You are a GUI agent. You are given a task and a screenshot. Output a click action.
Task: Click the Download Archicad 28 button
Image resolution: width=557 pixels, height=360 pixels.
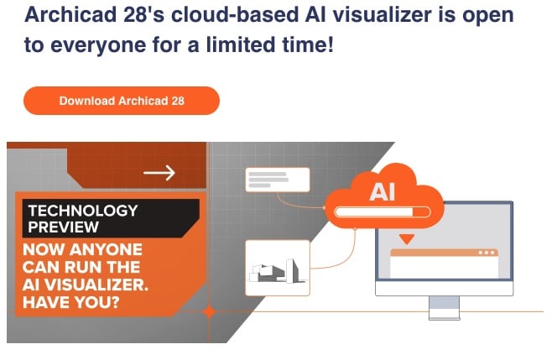point(122,101)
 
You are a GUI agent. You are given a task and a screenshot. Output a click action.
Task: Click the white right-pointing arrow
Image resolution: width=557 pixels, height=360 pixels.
point(159,173)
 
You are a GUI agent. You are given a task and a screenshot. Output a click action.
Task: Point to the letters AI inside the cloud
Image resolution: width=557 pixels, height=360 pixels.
point(382,192)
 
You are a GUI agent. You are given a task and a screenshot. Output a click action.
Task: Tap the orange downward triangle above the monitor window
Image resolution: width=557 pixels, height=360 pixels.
point(406,239)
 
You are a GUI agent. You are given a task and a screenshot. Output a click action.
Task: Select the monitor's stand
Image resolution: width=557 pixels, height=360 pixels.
point(444,307)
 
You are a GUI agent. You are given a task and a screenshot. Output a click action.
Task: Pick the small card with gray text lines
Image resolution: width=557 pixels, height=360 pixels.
point(277,180)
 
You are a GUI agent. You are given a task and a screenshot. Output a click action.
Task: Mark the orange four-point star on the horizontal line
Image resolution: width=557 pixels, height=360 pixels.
point(209,311)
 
